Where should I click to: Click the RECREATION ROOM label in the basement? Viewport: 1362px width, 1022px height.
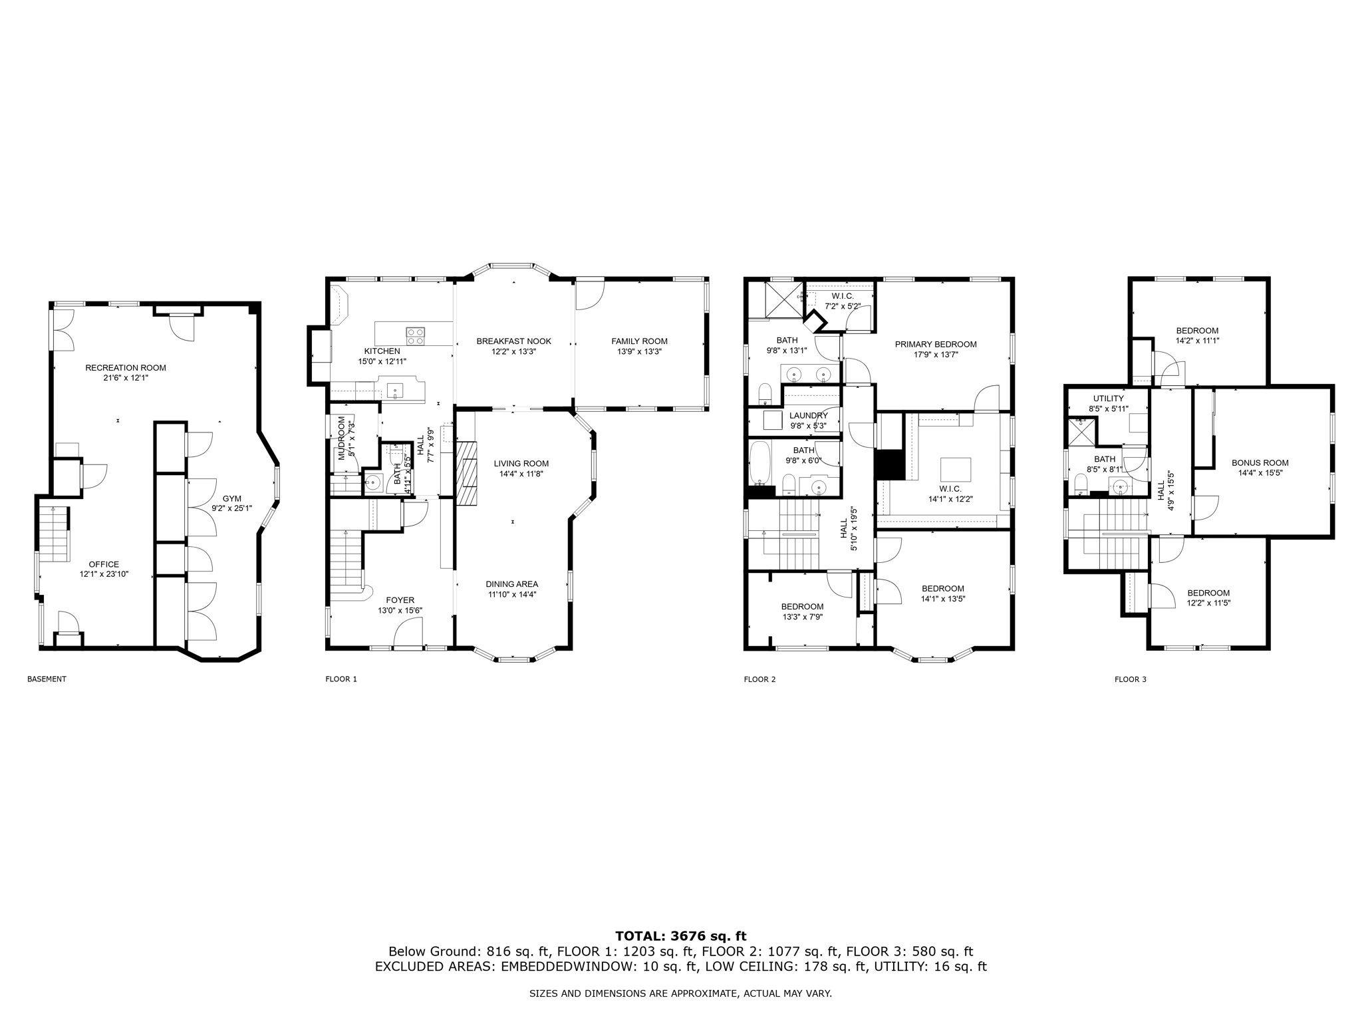click(x=125, y=367)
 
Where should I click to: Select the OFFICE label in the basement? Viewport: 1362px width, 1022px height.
click(x=104, y=564)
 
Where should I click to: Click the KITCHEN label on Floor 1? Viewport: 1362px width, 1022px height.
click(x=382, y=351)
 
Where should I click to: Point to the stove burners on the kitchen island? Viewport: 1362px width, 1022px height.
click(x=416, y=336)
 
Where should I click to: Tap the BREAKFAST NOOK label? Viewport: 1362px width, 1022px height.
click(x=513, y=341)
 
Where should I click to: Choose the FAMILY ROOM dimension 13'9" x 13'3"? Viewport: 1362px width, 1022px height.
click(x=639, y=351)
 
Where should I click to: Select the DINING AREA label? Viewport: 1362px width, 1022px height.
click(x=511, y=584)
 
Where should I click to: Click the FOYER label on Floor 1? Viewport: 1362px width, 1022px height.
click(x=400, y=600)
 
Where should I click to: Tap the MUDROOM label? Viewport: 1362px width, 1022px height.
click(x=342, y=438)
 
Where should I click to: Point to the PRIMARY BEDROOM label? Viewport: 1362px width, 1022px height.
click(x=935, y=344)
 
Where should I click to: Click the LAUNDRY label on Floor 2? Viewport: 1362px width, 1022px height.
click(x=808, y=416)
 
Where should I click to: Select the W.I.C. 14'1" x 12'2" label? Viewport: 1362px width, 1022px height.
click(x=950, y=499)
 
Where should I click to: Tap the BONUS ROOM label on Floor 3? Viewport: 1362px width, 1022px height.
click(x=1260, y=463)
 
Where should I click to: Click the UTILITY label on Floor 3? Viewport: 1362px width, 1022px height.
click(x=1108, y=399)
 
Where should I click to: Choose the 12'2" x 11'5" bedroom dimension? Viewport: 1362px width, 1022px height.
click(x=1208, y=603)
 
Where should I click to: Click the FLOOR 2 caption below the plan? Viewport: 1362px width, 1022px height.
click(x=759, y=679)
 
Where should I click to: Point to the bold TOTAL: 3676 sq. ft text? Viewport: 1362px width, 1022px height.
click(x=680, y=936)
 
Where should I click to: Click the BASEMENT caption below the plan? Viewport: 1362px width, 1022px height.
click(x=47, y=679)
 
